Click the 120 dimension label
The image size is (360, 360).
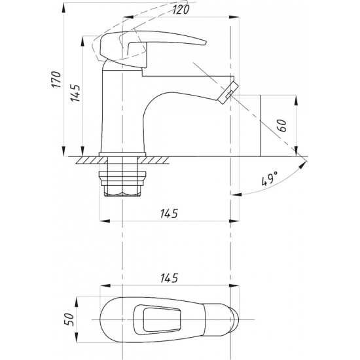pos(181,10)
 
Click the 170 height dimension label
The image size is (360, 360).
pos(56,79)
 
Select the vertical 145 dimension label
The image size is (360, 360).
pos(75,93)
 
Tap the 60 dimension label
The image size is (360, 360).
pos(283,126)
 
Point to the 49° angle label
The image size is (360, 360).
pos(270,178)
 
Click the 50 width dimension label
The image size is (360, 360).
pos(69,319)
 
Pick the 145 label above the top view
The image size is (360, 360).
pos(169,278)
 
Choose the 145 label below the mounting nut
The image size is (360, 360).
pos(169,213)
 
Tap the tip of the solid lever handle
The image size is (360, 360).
pos(206,43)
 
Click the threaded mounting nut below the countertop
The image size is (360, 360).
pos(122,184)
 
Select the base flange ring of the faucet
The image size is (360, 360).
pos(122,154)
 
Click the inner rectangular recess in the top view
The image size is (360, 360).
pos(162,319)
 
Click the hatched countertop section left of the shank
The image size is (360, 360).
pos(92,160)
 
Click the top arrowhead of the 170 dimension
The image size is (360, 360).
pos(63,9)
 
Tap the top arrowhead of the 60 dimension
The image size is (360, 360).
pos(296,101)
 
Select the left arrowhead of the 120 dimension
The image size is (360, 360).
pos(128,17)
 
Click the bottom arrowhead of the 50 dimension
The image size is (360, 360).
pos(77,337)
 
